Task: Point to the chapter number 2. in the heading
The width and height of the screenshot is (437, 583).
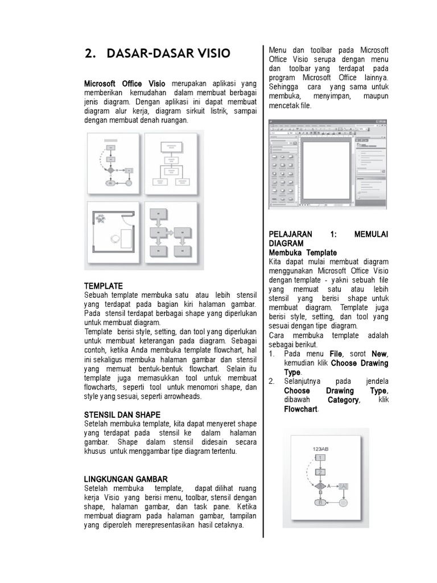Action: (x=89, y=54)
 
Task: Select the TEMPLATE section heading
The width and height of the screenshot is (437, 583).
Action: (x=104, y=285)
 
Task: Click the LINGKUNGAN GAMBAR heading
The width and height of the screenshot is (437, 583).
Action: (x=126, y=479)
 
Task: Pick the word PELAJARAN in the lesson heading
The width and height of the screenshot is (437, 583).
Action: (x=292, y=234)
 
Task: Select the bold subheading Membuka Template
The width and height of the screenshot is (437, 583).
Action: (x=303, y=252)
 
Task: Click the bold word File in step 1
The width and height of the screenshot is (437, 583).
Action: (x=337, y=354)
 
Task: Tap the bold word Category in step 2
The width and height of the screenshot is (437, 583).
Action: (x=343, y=400)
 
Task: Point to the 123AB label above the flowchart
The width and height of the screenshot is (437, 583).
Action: (x=321, y=448)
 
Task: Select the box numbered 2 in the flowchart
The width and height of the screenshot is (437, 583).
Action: (x=320, y=472)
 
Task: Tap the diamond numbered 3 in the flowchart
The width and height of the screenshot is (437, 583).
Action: (x=320, y=486)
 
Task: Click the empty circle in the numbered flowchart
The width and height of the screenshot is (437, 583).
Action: (x=343, y=503)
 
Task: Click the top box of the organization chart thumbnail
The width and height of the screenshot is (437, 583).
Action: (x=170, y=147)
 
